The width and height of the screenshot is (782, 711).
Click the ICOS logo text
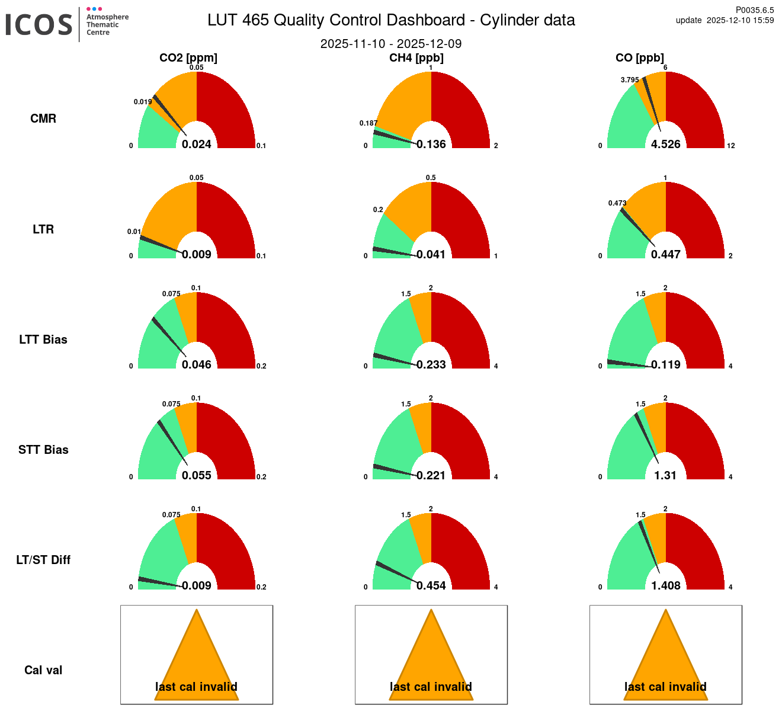(x=39, y=25)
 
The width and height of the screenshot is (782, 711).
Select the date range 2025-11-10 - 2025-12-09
(x=391, y=44)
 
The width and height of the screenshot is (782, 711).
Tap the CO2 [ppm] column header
(x=188, y=57)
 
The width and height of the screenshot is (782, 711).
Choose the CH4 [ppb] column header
(x=416, y=57)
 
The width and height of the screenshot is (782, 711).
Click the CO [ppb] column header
(x=640, y=57)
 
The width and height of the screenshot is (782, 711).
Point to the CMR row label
(x=43, y=118)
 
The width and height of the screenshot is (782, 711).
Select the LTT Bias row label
(x=43, y=340)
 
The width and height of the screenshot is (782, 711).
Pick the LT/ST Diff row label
(x=43, y=560)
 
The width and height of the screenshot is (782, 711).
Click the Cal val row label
(x=43, y=670)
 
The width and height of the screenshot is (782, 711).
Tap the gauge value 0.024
(x=197, y=144)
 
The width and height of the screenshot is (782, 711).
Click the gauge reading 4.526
(x=666, y=144)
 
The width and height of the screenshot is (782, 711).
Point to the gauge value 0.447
(x=666, y=254)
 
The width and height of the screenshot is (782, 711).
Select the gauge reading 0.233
(x=431, y=364)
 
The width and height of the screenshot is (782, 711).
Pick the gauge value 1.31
(x=666, y=475)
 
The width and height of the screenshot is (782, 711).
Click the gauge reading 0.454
(x=431, y=585)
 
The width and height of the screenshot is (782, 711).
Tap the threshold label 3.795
(x=630, y=80)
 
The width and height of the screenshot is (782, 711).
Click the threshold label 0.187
(x=368, y=123)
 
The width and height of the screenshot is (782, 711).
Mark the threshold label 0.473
(x=617, y=203)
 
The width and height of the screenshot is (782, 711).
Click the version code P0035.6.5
(x=755, y=10)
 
